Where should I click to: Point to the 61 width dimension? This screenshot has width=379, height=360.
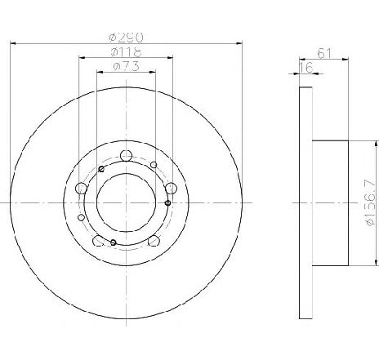click(x=325, y=54)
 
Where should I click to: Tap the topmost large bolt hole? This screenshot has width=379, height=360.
click(x=125, y=156)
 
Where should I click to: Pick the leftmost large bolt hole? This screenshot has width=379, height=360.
click(x=81, y=189)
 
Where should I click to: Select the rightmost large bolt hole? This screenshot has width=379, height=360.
click(x=170, y=189)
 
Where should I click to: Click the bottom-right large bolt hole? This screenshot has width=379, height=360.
click(x=152, y=240)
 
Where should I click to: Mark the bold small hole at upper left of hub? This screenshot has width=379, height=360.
click(x=101, y=169)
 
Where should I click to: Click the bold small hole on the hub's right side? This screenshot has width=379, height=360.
click(x=167, y=202)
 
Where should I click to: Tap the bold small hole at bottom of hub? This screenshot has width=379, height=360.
click(x=113, y=242)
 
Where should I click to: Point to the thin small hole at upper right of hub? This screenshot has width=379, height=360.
click(x=154, y=166)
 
